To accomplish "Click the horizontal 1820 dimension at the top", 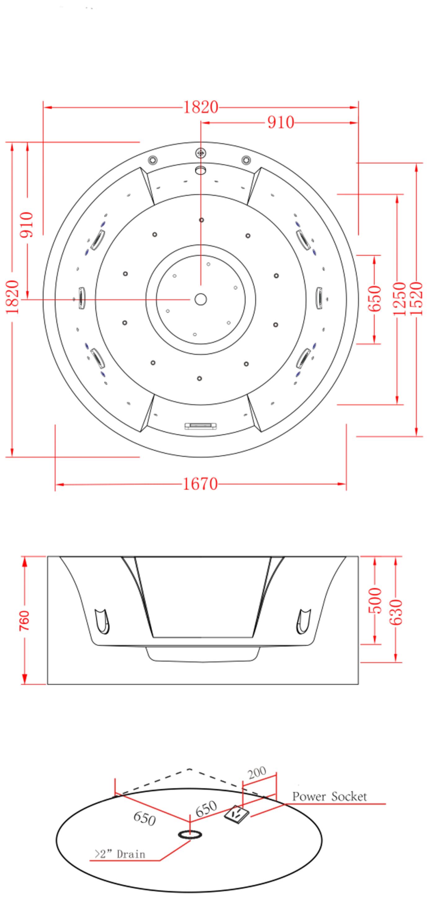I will [200, 107].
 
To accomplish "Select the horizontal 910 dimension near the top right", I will [281, 122].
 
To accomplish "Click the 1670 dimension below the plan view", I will [200, 484].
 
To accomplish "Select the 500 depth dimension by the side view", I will [374, 601].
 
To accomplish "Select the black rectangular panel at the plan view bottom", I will [201, 426].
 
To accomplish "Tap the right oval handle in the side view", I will [303, 622].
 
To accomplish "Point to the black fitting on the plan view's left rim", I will [82, 297].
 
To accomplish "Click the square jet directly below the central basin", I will [199, 378].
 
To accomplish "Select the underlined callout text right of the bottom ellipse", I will [330, 797].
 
